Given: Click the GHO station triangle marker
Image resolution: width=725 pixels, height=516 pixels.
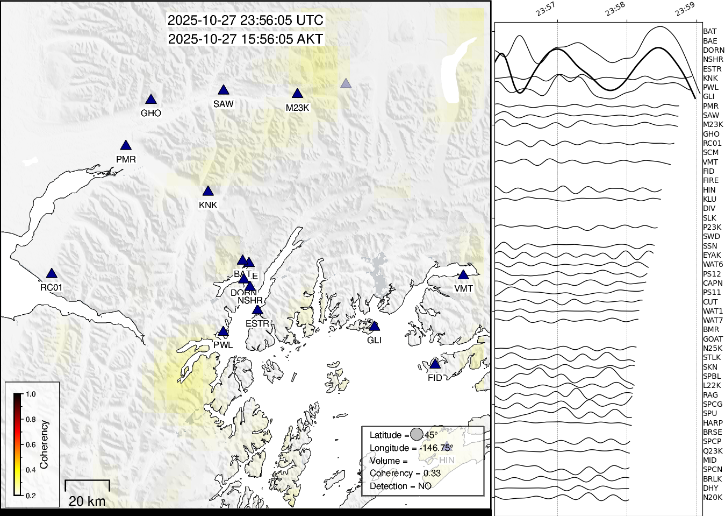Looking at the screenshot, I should pyautogui.click(x=151, y=100).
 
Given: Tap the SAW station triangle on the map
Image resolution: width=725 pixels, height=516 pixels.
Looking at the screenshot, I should pyautogui.click(x=224, y=90).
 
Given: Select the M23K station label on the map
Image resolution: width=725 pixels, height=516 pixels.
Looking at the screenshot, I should pyautogui.click(x=297, y=108).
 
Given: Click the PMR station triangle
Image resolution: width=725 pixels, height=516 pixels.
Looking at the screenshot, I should pyautogui.click(x=126, y=146).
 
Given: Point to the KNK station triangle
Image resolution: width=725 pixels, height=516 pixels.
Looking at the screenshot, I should pyautogui.click(x=208, y=191).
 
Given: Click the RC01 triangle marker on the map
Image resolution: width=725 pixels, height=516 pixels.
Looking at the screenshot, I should pyautogui.click(x=52, y=274).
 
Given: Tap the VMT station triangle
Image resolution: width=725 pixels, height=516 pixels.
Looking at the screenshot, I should pyautogui.click(x=463, y=275).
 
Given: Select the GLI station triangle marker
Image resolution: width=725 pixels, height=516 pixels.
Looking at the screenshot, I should pyautogui.click(x=375, y=327).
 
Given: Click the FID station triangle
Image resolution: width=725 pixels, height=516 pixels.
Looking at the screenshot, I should pyautogui.click(x=435, y=364).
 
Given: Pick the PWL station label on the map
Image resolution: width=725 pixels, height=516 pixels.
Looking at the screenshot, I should pyautogui.click(x=223, y=345).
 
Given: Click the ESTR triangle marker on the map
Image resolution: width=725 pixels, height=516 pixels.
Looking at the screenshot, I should pyautogui.click(x=257, y=310).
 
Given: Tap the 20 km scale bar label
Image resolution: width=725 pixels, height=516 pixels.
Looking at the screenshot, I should pyautogui.click(x=87, y=501).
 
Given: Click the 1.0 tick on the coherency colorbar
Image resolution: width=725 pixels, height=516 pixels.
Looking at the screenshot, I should pyautogui.click(x=31, y=394).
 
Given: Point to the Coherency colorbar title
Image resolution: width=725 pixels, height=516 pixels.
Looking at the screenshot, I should pyautogui.click(x=44, y=444).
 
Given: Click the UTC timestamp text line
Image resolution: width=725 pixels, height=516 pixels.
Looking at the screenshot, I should pyautogui.click(x=246, y=20).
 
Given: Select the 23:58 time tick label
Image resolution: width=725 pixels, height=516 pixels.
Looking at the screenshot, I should pyautogui.click(x=615, y=9).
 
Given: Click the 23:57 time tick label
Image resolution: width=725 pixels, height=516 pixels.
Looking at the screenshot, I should pyautogui.click(x=545, y=9).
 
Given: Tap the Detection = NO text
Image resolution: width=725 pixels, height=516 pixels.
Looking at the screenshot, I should pyautogui.click(x=400, y=486).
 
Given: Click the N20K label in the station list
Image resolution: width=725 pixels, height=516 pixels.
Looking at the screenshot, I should pyautogui.click(x=713, y=497).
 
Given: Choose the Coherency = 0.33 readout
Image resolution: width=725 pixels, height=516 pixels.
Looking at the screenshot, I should pyautogui.click(x=405, y=473).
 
